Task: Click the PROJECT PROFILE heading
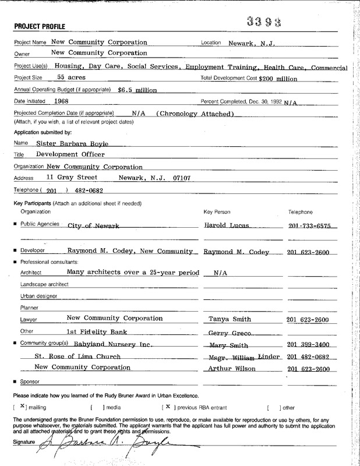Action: [39, 26]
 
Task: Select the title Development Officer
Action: [70, 154]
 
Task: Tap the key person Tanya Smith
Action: [230, 319]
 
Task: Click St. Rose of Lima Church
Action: [77, 356]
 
